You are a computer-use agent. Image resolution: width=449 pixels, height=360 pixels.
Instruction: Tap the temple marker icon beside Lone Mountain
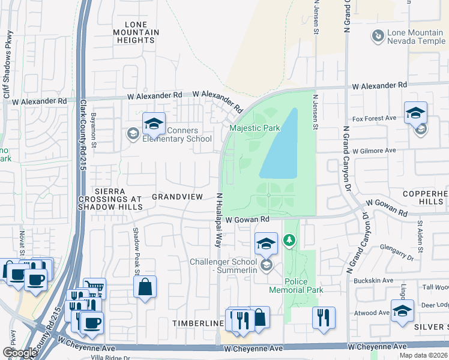tap(378, 37)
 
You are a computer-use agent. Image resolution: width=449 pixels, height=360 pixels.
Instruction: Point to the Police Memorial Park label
tap(304, 286)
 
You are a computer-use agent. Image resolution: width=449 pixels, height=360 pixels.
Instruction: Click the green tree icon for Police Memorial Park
tap(290, 241)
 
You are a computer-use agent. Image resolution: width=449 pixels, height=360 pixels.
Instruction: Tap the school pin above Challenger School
tap(266, 244)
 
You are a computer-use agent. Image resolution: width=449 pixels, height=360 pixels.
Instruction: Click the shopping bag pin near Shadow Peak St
tap(145, 287)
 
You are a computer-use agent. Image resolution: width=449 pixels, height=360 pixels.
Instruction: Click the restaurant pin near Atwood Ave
tap(324, 317)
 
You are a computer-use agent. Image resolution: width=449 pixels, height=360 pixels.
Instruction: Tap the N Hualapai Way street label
tap(219, 220)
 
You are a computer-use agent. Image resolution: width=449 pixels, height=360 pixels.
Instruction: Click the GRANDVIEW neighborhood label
tap(175, 196)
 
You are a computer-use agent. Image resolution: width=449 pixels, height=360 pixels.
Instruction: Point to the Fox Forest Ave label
tap(374, 118)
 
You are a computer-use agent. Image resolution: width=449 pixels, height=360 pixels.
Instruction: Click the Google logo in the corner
tap(20, 353)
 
